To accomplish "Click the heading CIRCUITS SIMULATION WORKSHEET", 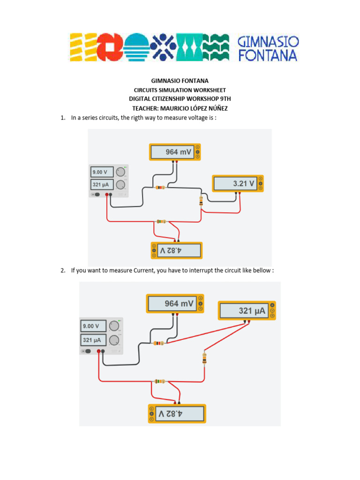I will coord(180,90).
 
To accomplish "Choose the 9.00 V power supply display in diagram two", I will coord(94,326).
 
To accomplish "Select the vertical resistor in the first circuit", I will coord(201,201).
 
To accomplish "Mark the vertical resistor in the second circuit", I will coord(204,359).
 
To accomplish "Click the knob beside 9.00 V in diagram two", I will coord(114,326).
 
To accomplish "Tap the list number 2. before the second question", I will coord(63,270).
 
